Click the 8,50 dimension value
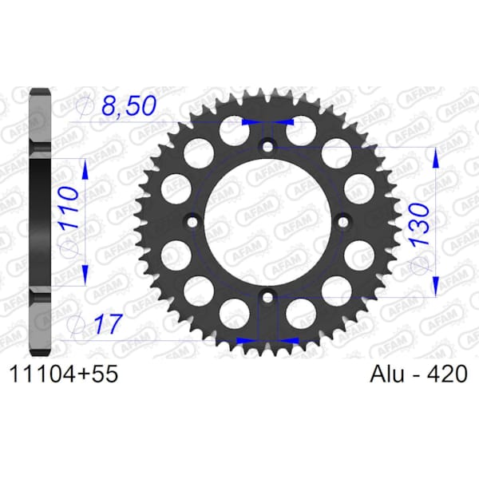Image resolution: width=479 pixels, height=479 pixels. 129,106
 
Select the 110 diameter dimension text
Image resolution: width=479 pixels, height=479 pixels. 69,208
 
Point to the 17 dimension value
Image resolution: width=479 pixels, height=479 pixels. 108,323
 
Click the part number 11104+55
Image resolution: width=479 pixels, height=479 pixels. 64,374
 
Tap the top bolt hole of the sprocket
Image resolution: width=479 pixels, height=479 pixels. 268,147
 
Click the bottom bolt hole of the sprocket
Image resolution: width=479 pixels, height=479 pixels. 267,297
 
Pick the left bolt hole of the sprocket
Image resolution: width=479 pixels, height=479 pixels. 192,222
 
